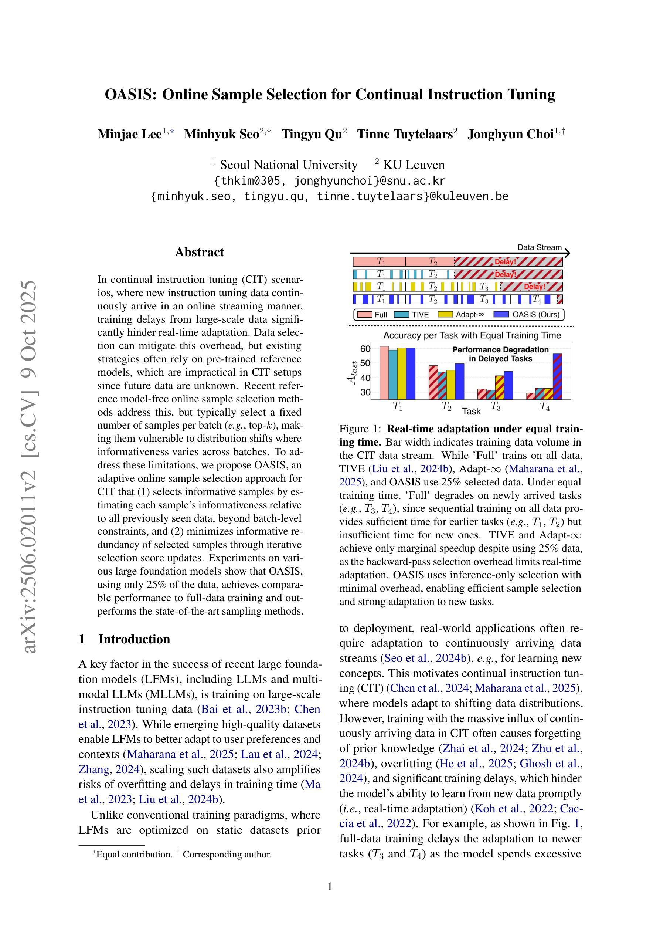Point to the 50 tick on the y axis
[x=365, y=363]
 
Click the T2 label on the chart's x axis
[x=446, y=406]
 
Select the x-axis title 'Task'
[x=471, y=411]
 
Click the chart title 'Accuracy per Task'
[x=472, y=335]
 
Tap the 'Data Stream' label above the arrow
[x=539, y=247]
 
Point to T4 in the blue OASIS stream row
[x=537, y=300]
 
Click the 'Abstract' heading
[x=199, y=252]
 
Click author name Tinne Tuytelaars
[x=407, y=134]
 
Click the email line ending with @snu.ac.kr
[x=329, y=180]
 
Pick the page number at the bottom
[x=330, y=886]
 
